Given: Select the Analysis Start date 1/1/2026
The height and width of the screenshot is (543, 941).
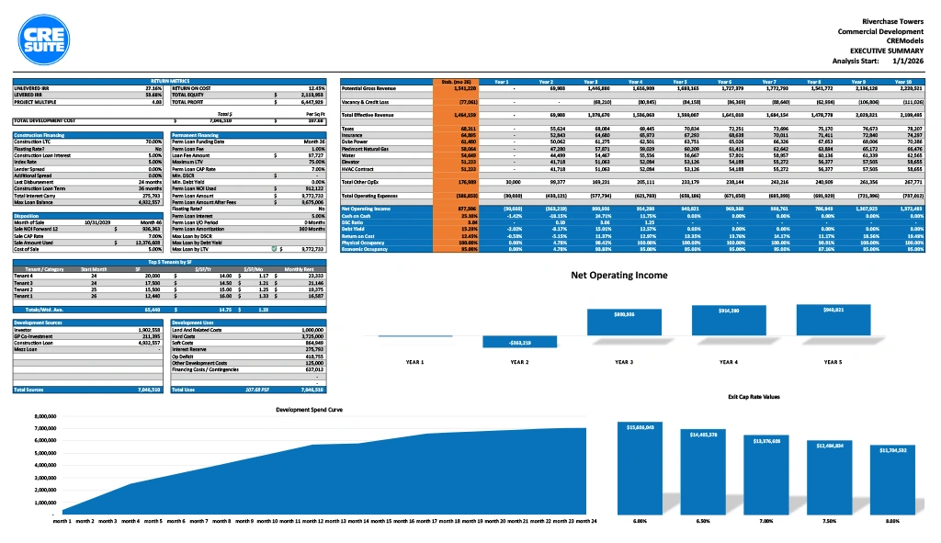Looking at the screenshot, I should pyautogui.click(x=910, y=61).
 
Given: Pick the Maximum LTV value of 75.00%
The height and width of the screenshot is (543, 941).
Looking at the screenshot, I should pyautogui.click(x=312, y=163).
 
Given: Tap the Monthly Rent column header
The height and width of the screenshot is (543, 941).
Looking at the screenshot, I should pyautogui.click(x=300, y=267).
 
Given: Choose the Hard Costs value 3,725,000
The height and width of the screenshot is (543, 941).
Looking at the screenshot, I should pyautogui.click(x=312, y=335).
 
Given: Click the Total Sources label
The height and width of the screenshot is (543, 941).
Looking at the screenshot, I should pyautogui.click(x=31, y=390).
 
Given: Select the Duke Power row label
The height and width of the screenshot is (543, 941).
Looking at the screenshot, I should pyautogui.click(x=354, y=141).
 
